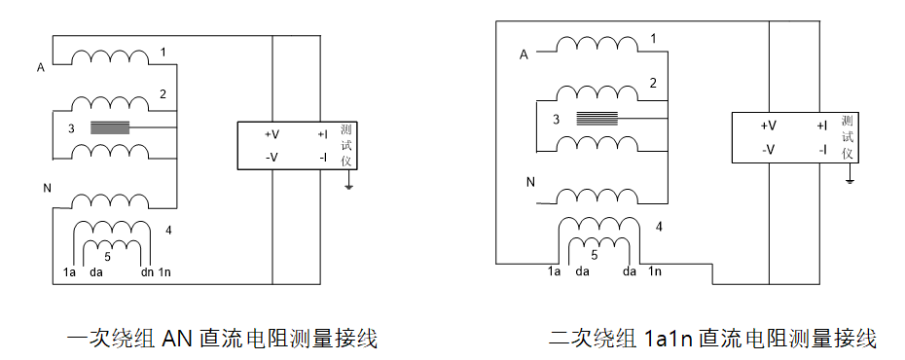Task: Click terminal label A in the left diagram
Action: (41, 68)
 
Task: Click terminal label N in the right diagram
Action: (530, 182)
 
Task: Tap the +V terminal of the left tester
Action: (272, 134)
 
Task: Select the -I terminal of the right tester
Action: (823, 150)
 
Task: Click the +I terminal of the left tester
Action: (321, 134)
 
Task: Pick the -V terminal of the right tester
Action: (768, 150)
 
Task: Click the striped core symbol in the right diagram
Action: (597, 119)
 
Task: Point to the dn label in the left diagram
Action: (147, 273)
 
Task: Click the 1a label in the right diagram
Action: (554, 271)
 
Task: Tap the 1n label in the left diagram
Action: (165, 273)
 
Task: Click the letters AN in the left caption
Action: (178, 339)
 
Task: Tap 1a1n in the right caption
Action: (670, 339)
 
